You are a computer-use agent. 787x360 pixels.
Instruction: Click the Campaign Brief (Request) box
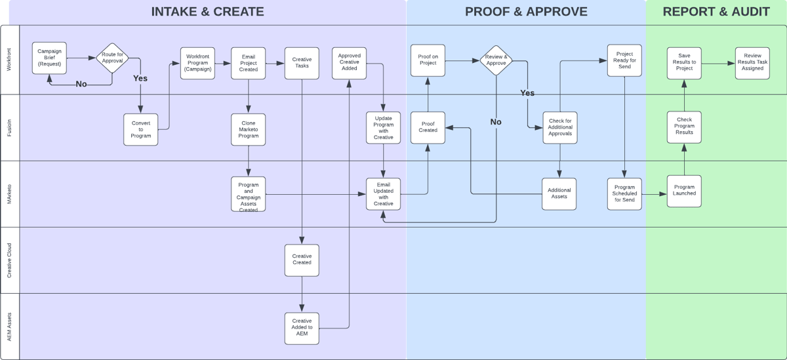tap(49, 58)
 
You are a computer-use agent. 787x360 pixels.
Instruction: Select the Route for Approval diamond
tap(112, 58)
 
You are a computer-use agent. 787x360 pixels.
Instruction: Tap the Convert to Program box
tap(141, 129)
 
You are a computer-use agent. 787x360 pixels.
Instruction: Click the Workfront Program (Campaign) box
tap(197, 63)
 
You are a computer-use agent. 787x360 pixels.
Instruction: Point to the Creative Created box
tap(302, 260)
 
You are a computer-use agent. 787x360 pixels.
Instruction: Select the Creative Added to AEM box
tap(302, 328)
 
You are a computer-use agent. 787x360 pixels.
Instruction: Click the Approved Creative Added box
tap(349, 63)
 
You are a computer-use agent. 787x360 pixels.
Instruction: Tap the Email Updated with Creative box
tap(383, 194)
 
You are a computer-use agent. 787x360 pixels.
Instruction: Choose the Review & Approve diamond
tap(496, 60)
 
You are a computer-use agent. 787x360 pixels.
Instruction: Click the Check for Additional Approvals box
tap(559, 127)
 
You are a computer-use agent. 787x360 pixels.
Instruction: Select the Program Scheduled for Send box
tap(624, 194)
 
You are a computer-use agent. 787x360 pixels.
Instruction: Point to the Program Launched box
tap(684, 191)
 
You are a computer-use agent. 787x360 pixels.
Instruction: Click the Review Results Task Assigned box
tap(752, 63)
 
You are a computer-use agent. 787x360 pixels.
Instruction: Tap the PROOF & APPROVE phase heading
tap(526, 11)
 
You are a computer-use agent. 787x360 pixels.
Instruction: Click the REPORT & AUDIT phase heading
tap(716, 11)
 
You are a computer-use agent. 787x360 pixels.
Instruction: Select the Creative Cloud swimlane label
tap(9, 260)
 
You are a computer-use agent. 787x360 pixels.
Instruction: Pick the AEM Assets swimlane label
tap(9, 327)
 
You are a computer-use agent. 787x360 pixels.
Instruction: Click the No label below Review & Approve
tap(496, 122)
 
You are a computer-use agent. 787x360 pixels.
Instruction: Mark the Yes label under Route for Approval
tap(140, 78)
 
